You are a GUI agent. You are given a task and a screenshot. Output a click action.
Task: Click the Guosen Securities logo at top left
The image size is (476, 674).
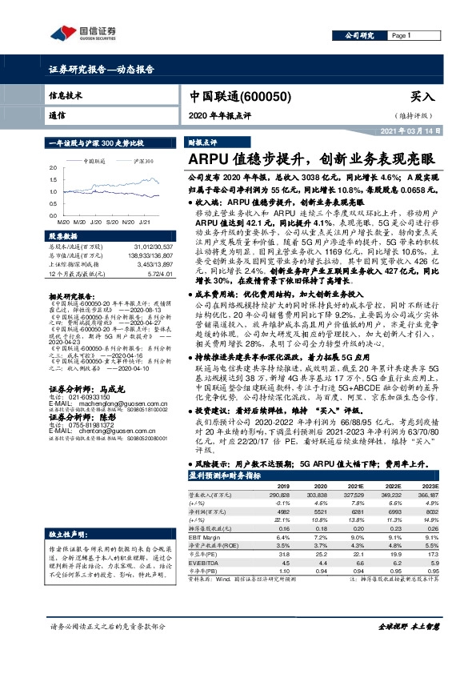[x=83, y=33]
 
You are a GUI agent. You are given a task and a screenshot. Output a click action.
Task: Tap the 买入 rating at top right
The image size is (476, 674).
[x=422, y=95]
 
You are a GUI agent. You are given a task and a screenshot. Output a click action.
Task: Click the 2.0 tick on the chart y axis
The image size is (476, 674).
[x=53, y=168]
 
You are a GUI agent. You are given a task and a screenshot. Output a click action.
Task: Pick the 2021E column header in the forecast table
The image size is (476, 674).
[x=353, y=463]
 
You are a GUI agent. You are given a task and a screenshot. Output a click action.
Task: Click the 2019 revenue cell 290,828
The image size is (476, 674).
[x=278, y=472]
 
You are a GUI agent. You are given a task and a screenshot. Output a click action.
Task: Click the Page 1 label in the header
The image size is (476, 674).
[x=401, y=36]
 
